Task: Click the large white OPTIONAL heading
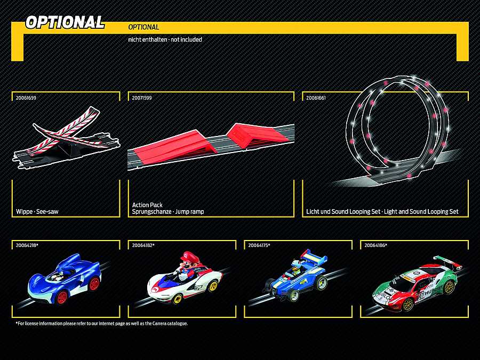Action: [x=65, y=22]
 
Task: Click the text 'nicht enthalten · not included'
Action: [x=165, y=39]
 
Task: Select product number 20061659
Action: [x=26, y=98]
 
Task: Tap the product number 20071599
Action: [x=142, y=98]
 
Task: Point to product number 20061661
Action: [x=316, y=98]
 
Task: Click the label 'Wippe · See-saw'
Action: [x=37, y=212]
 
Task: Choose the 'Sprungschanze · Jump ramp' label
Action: [x=168, y=212]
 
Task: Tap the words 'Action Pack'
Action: [x=147, y=205]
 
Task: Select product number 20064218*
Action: [x=27, y=245]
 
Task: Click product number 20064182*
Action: [x=143, y=245]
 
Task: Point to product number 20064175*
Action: [x=259, y=245]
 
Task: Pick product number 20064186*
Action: [x=375, y=245]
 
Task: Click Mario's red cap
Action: [x=190, y=256]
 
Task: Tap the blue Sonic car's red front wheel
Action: [x=62, y=297]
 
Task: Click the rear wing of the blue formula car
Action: [x=314, y=257]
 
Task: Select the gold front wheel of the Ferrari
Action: [x=408, y=304]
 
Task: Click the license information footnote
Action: [x=102, y=323]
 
